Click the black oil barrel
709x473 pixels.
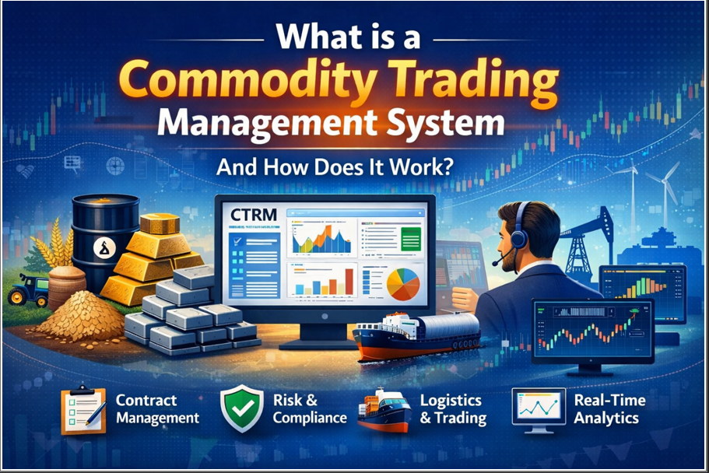(101, 233)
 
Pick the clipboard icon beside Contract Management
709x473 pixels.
(82, 408)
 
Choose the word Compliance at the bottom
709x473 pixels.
(310, 419)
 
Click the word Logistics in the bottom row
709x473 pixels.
(451, 401)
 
